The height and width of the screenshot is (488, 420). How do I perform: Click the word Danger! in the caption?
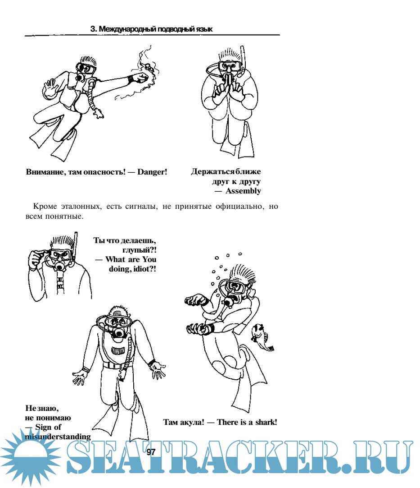(152, 172)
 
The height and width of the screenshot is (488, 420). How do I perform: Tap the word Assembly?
(243, 191)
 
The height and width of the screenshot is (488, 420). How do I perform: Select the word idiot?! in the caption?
(145, 269)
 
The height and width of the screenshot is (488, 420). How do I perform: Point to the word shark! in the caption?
(266, 422)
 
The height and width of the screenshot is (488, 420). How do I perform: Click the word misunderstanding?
(58, 437)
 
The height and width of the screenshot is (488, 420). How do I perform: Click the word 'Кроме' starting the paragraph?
(45, 207)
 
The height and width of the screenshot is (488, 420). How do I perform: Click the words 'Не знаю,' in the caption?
(42, 408)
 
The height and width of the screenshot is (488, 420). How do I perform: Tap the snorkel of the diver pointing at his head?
(75, 246)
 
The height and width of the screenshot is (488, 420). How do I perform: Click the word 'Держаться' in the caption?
(213, 171)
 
